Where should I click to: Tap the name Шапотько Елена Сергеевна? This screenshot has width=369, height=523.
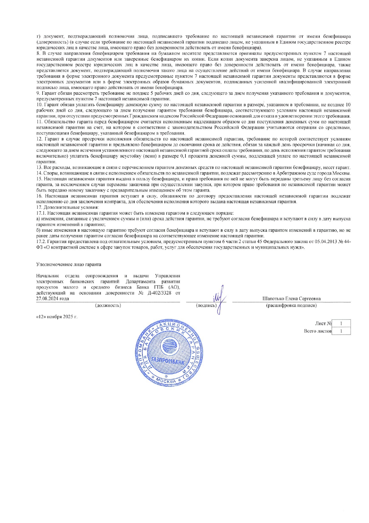(x=291, y=298)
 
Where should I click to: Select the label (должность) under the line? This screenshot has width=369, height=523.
(x=108, y=305)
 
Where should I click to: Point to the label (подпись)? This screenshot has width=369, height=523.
(x=206, y=305)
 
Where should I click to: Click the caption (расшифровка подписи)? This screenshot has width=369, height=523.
(x=291, y=305)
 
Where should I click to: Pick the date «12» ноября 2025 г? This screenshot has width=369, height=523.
(x=56, y=317)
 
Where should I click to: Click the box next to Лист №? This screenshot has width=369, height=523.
(x=341, y=323)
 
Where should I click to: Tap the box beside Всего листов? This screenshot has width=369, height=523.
(x=341, y=331)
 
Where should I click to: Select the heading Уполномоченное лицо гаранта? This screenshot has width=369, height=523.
(x=69, y=264)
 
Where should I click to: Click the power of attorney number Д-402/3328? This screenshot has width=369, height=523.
(x=159, y=293)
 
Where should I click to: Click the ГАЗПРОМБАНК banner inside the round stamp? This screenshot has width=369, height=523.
(x=168, y=361)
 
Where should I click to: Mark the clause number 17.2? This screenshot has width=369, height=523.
(x=41, y=242)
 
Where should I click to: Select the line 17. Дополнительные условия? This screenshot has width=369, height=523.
(x=67, y=207)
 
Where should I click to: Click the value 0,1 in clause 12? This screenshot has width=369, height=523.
(x=183, y=156)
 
